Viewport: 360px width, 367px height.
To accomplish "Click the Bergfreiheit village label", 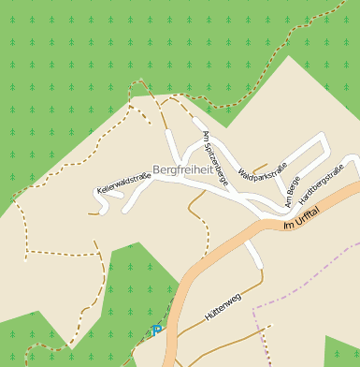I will pyautogui.click(x=183, y=169).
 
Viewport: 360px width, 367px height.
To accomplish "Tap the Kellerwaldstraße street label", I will pyautogui.click(x=123, y=183).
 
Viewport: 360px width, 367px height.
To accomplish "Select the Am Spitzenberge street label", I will pyautogui.click(x=215, y=159).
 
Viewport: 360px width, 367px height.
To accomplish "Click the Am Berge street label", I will pyautogui.click(x=294, y=184).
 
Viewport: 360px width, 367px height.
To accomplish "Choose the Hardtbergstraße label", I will pyautogui.click(x=322, y=183).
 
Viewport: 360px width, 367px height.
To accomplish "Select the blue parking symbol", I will pyautogui.click(x=155, y=330).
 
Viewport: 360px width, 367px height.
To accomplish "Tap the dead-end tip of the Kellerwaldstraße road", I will pyautogui.click(x=102, y=212).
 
